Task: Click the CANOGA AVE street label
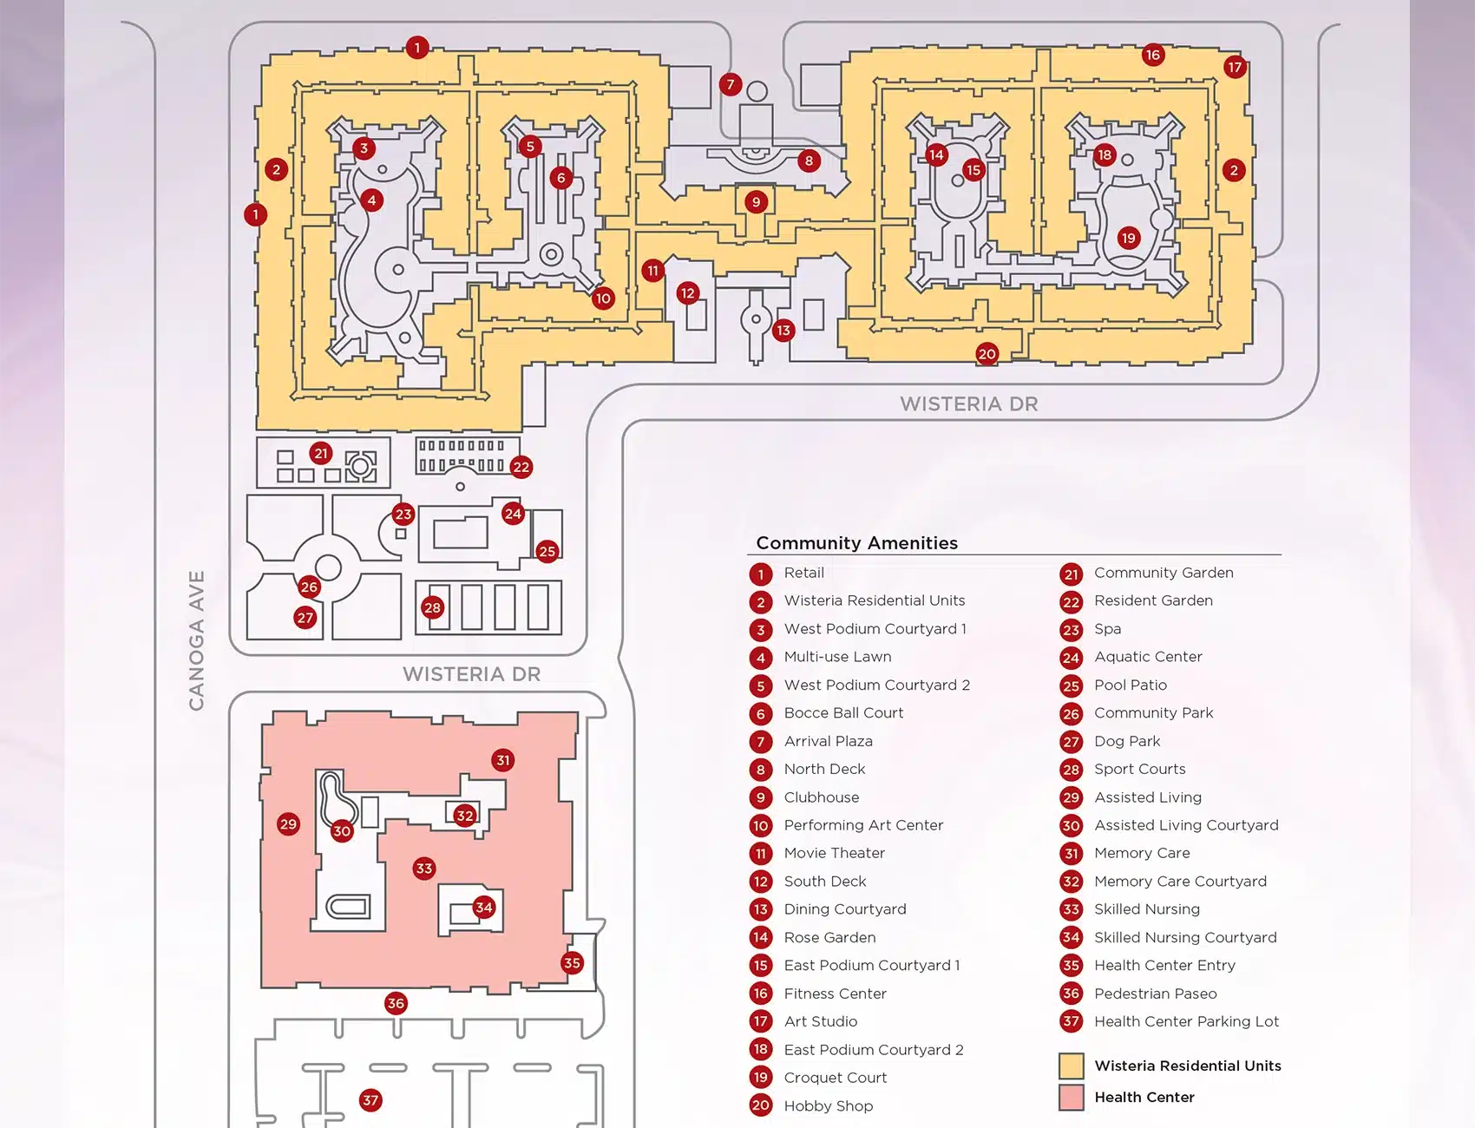tap(197, 640)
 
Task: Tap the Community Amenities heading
tap(856, 543)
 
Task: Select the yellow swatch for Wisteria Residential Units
tap(1072, 1066)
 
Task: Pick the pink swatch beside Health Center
tap(1072, 1098)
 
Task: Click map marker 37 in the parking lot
tap(370, 1100)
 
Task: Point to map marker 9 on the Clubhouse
tap(756, 202)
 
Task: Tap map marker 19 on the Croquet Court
tap(1128, 238)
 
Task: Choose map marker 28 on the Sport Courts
tap(432, 607)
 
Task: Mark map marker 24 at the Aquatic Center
tap(513, 514)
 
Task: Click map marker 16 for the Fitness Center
tap(1152, 55)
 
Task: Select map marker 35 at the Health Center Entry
tap(572, 962)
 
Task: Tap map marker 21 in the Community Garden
tap(321, 453)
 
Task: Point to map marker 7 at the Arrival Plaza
tap(731, 84)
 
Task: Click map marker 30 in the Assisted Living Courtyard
tap(342, 831)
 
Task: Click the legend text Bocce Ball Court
tap(843, 713)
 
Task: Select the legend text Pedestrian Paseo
tap(1155, 994)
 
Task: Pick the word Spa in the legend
tap(1107, 629)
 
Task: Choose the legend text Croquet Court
tap(835, 1078)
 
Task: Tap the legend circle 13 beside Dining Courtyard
tap(761, 909)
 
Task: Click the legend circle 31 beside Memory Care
tap(1072, 854)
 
